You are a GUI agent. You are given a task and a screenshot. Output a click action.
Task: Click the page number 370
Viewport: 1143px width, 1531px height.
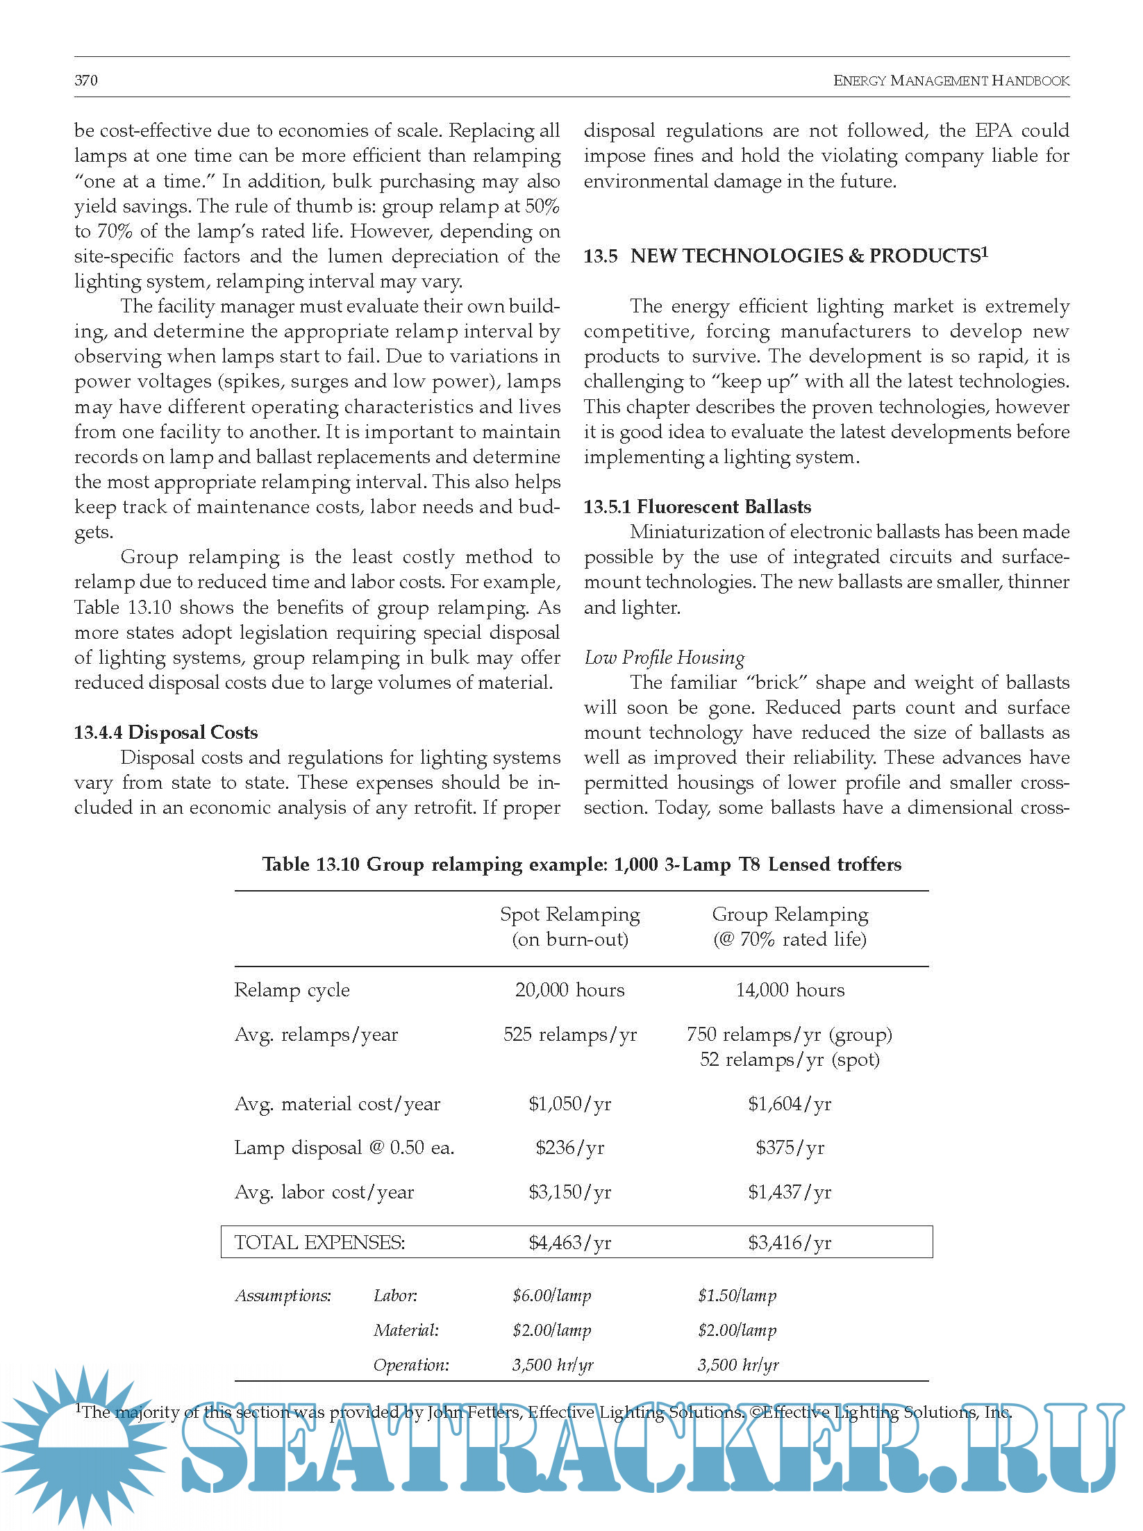point(86,81)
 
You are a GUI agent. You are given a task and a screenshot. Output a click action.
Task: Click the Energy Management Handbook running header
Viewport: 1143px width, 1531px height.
point(951,81)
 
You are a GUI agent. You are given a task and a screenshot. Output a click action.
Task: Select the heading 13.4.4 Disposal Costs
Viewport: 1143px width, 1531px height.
point(166,733)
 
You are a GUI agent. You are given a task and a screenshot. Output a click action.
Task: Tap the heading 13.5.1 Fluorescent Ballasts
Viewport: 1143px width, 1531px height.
point(697,507)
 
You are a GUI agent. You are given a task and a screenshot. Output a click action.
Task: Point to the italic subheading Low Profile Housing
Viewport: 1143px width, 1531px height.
point(664,658)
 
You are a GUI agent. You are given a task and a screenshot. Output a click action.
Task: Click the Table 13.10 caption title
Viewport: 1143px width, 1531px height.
point(581,864)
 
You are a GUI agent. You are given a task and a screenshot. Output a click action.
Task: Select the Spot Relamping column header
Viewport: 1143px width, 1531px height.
point(570,927)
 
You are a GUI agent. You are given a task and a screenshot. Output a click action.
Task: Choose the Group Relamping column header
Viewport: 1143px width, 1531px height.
point(790,927)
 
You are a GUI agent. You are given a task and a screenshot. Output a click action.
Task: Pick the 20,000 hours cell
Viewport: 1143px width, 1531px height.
point(570,990)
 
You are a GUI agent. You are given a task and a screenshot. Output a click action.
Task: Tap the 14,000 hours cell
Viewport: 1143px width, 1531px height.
point(790,990)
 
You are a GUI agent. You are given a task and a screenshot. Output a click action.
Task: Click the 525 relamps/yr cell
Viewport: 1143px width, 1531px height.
point(570,1035)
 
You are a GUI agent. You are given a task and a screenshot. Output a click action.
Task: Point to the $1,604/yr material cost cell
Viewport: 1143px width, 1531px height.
point(790,1104)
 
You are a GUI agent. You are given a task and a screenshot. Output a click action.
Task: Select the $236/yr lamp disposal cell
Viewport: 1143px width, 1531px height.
point(570,1148)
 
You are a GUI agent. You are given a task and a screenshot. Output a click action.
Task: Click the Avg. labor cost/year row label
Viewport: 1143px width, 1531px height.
point(324,1192)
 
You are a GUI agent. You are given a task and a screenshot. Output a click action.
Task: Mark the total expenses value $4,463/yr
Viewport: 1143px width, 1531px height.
point(570,1243)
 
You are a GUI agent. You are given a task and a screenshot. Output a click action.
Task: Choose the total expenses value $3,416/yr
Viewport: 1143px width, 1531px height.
point(790,1243)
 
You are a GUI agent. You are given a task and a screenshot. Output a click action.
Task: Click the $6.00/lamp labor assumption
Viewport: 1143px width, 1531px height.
point(552,1296)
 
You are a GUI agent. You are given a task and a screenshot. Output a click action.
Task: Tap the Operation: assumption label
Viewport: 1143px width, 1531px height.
point(411,1365)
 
